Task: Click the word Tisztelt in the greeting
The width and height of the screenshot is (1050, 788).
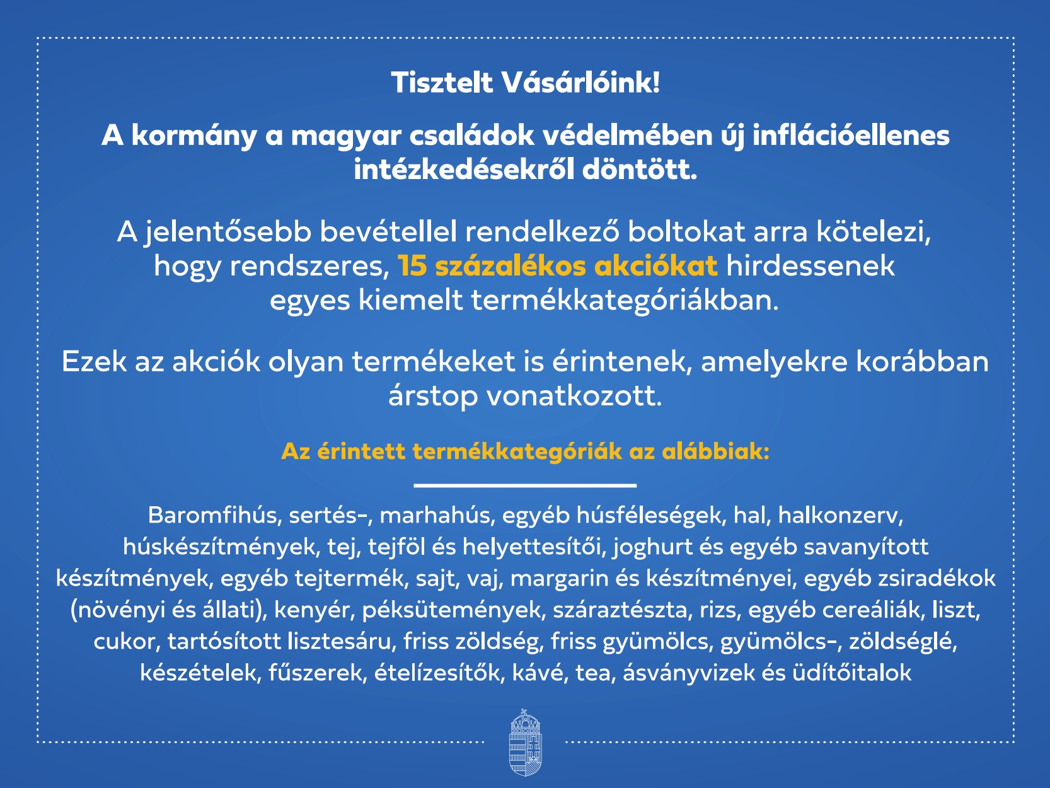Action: (442, 83)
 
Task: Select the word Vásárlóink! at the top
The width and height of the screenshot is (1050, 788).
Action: (581, 83)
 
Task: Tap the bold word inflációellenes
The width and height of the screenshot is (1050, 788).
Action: (851, 136)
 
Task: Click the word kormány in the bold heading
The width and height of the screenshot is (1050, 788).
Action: (193, 137)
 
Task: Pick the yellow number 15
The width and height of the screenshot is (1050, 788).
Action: (412, 266)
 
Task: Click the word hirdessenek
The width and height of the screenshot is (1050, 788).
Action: (811, 265)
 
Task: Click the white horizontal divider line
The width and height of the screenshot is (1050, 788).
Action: (525, 485)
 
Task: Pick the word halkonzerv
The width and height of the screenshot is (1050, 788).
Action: (841, 516)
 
